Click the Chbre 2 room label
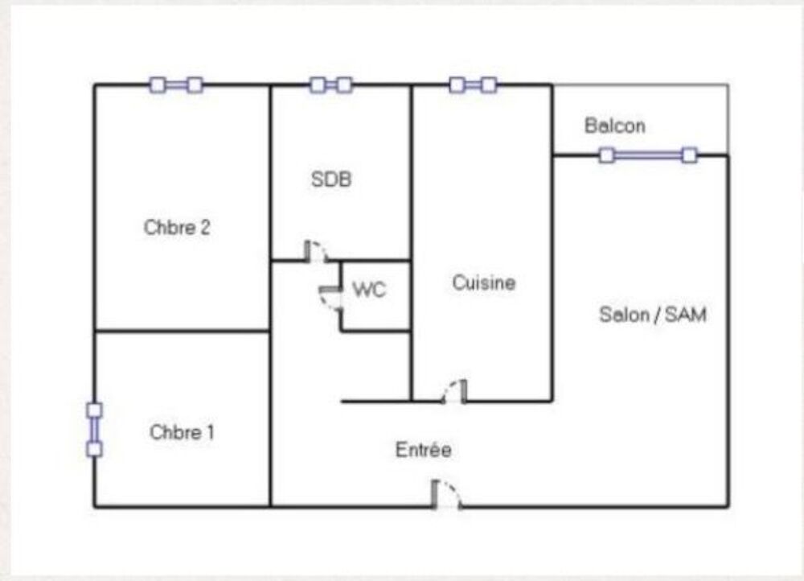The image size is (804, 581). pos(177,228)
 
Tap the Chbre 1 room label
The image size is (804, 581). pos(182,432)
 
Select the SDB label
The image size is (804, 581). pos(331,179)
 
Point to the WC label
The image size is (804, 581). pos(369,290)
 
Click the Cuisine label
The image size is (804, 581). pos(483,282)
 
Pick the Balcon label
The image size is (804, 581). pos(615,126)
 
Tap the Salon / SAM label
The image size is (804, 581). pos(653,315)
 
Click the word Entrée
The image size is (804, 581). pos(424,450)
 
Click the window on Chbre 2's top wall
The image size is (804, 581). pos(176,84)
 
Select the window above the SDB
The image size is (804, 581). pos(331,84)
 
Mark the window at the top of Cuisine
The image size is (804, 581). pos(474,84)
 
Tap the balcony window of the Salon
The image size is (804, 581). pos(648,155)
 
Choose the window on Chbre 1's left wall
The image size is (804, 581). pos(94,430)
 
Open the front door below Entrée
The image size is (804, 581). pos(446,495)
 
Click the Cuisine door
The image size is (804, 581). pos(455,392)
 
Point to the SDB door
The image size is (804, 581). pos(316,251)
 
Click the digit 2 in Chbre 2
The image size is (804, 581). pos(205,228)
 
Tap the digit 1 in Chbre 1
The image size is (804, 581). pos(210,432)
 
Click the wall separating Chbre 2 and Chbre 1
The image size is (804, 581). pos(182,331)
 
